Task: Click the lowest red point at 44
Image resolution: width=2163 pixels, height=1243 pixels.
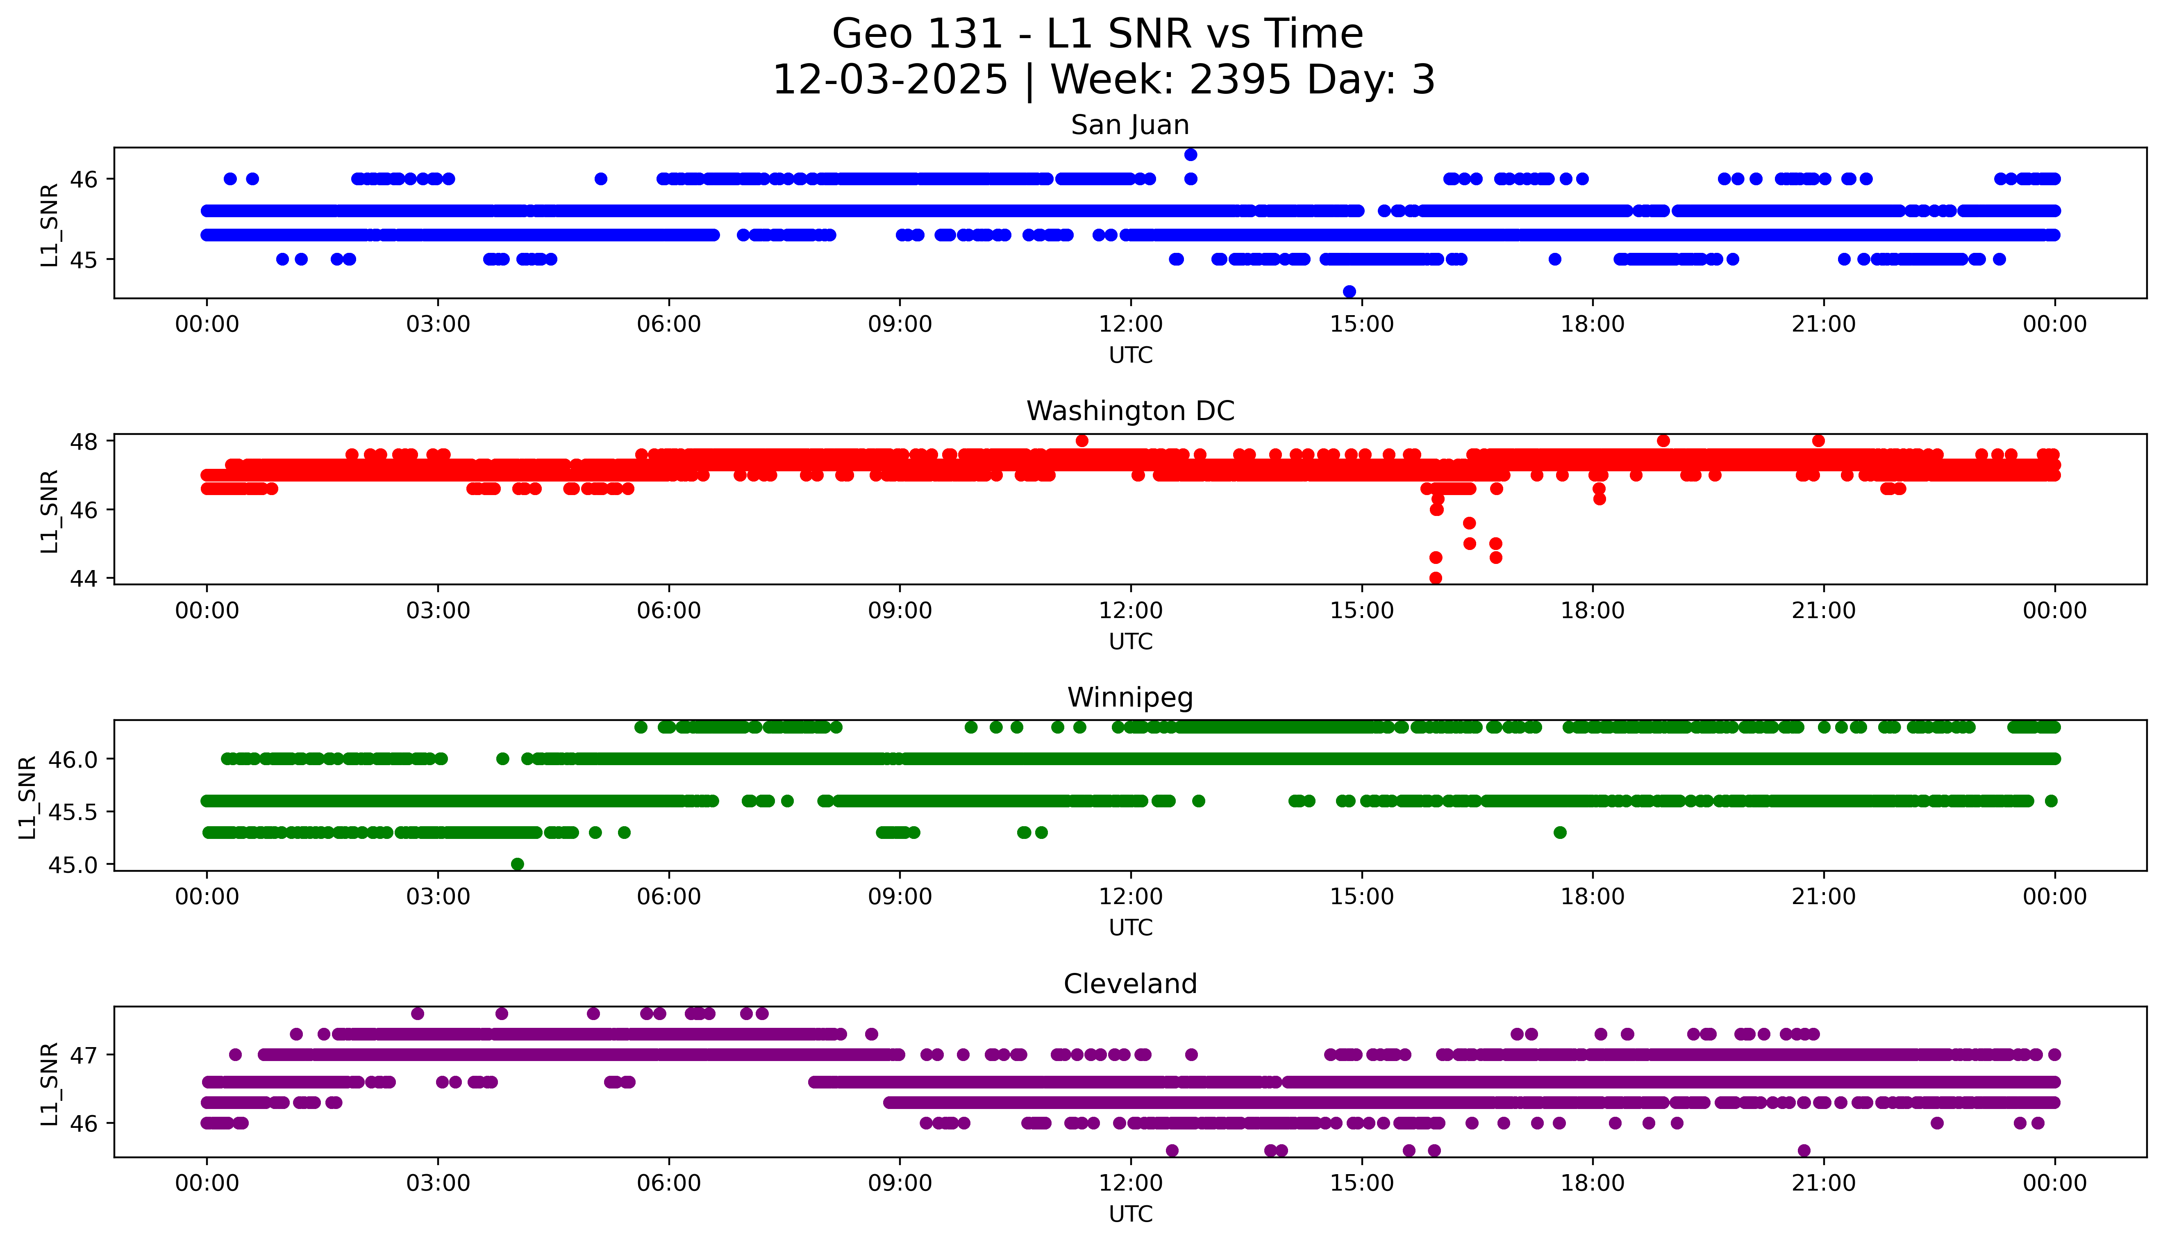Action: click(1436, 578)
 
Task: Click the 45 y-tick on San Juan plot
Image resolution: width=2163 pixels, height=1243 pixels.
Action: click(84, 259)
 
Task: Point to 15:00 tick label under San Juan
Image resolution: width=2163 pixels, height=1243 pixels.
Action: click(1361, 325)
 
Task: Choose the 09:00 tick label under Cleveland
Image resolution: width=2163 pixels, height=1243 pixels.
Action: click(900, 1183)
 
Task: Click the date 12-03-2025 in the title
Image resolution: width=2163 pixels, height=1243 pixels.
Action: click(889, 80)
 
